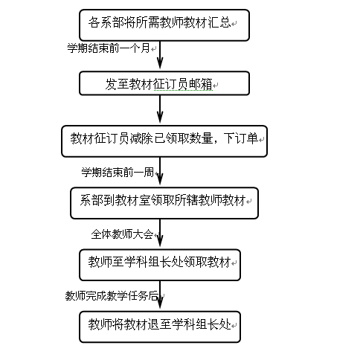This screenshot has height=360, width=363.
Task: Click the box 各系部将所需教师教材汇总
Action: point(164,25)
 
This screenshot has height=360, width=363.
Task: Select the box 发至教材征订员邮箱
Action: point(164,83)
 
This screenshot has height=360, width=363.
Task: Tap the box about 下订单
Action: point(164,141)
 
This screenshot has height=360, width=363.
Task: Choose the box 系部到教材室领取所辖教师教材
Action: point(164,203)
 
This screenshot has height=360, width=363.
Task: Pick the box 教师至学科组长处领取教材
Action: point(160,265)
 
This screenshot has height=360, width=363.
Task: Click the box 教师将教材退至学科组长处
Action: point(160,327)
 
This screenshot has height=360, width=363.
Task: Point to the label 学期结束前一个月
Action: point(109,48)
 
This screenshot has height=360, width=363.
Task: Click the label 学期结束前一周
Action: point(118,172)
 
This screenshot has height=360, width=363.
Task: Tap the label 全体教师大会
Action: point(122,234)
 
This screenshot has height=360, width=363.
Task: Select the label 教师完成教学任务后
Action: point(112,296)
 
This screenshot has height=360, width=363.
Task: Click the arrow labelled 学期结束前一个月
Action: point(160,55)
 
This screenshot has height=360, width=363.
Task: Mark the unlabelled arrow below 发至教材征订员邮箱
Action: point(160,109)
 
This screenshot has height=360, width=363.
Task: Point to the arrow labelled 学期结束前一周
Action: point(160,171)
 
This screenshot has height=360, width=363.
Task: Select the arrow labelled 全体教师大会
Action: point(160,233)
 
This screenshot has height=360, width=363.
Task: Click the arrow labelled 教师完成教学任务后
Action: point(160,295)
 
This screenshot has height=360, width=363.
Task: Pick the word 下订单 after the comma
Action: point(240,138)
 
